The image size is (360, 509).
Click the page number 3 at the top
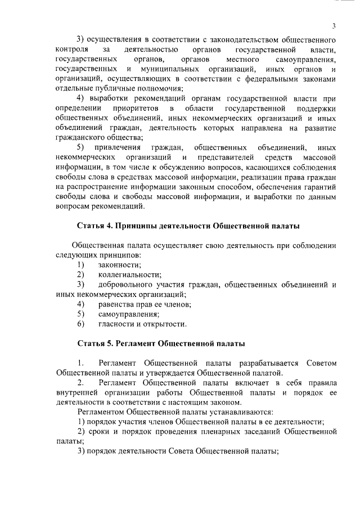(x=334, y=26)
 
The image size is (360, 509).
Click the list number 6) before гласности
(x=80, y=324)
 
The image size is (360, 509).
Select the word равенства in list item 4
(x=115, y=304)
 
